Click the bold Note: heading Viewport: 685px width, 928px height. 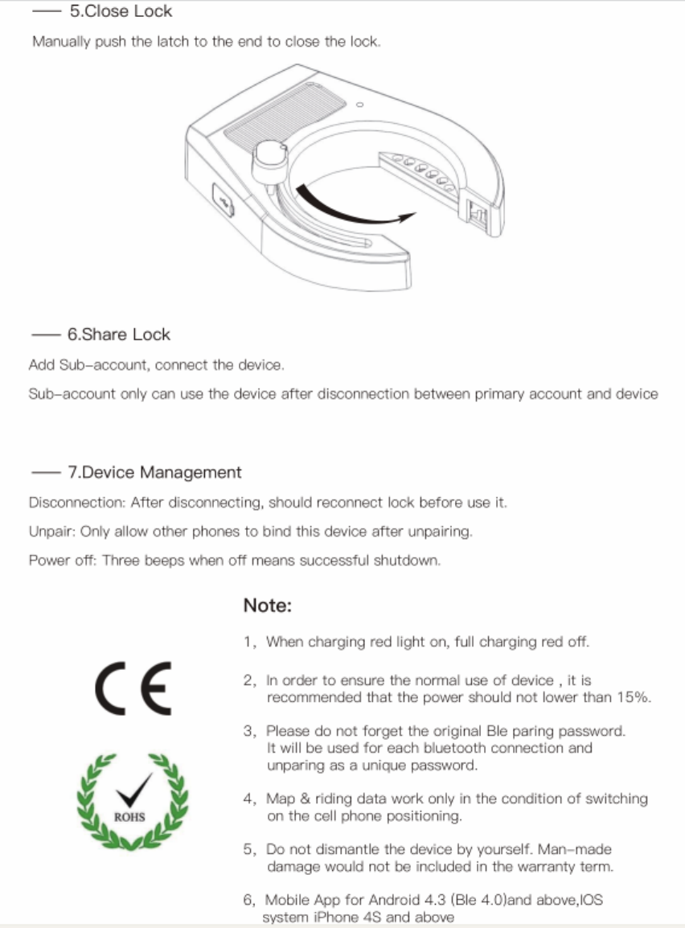pyautogui.click(x=267, y=606)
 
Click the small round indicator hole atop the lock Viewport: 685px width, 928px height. pyautogui.click(x=360, y=105)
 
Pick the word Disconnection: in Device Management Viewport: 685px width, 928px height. pyautogui.click(x=78, y=503)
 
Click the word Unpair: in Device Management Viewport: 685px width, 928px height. pyautogui.click(x=52, y=532)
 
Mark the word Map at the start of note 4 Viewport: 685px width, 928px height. pyautogui.click(x=281, y=799)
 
